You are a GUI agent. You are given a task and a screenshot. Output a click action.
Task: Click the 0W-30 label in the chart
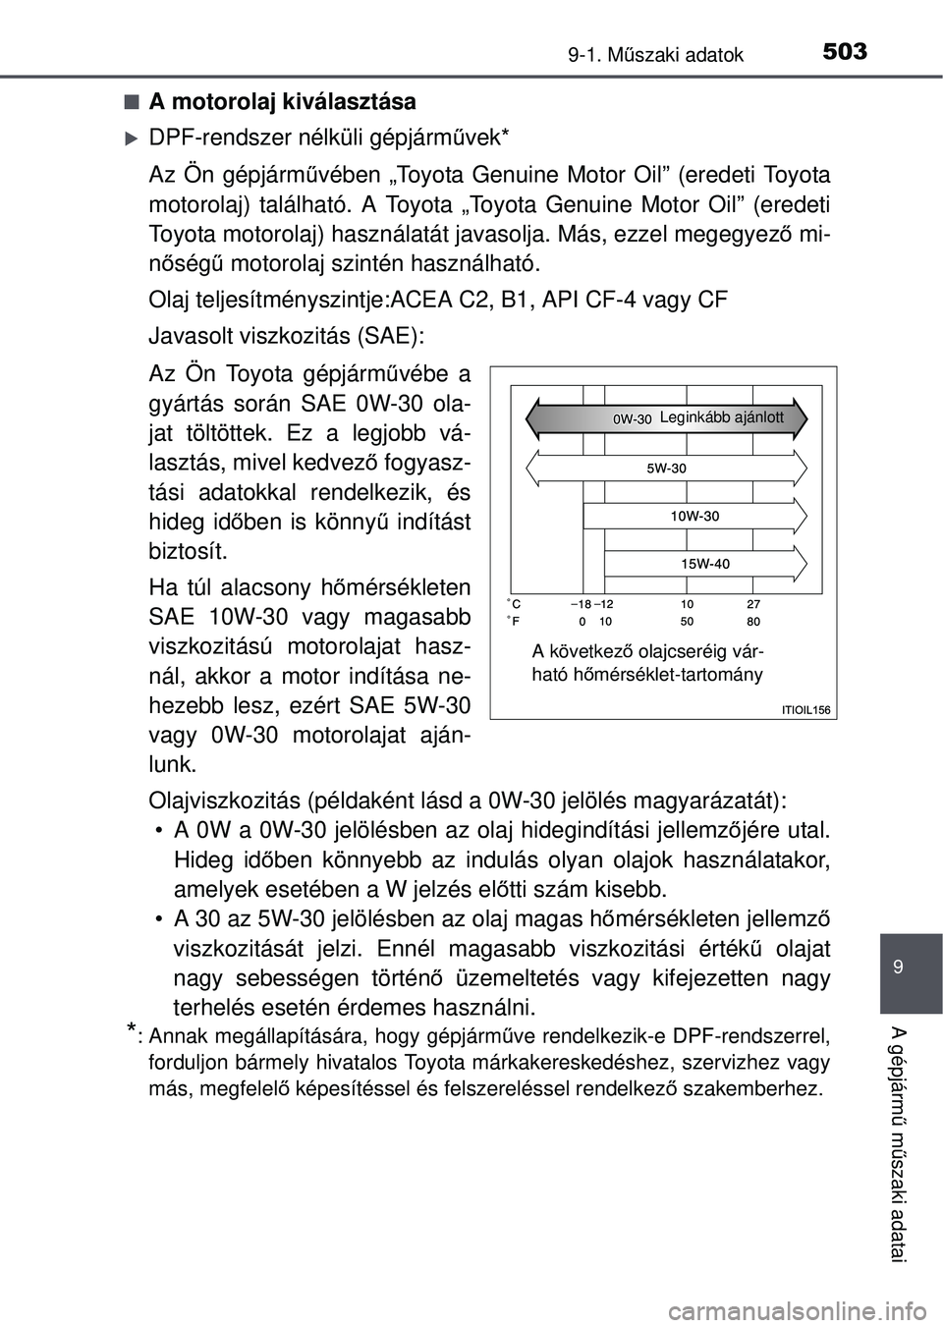[x=633, y=418]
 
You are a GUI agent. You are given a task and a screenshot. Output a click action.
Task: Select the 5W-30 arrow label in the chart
[x=666, y=469]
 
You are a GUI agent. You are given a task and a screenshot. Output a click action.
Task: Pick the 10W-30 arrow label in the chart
[x=694, y=516]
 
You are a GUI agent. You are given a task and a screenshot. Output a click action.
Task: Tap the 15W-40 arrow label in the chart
[x=705, y=563]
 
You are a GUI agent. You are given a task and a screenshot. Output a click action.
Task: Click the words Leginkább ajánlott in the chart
[x=722, y=417]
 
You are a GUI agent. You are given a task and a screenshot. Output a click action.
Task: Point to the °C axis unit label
[x=514, y=604]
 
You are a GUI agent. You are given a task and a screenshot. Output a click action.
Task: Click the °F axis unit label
[x=514, y=622]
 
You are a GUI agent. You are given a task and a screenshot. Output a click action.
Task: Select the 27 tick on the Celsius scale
[x=753, y=604]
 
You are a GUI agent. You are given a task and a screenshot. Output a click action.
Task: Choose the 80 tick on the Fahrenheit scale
[x=753, y=622]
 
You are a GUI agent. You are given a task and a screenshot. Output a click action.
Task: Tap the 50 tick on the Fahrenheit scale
[x=687, y=622]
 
